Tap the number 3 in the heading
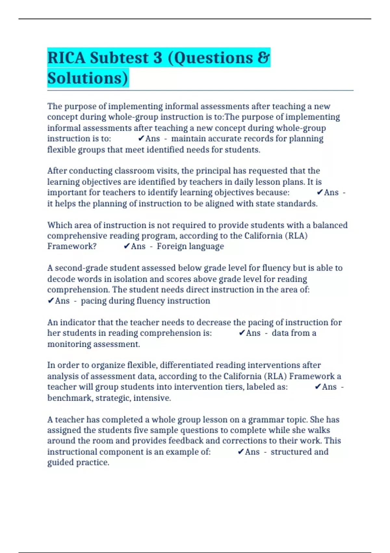[157, 58]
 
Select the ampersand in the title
[263, 58]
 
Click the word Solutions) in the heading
[88, 78]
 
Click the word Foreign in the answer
[171, 246]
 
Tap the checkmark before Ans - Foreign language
[127, 246]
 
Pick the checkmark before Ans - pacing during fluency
[51, 301]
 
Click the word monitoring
[68, 344]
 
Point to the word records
[258, 139]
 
